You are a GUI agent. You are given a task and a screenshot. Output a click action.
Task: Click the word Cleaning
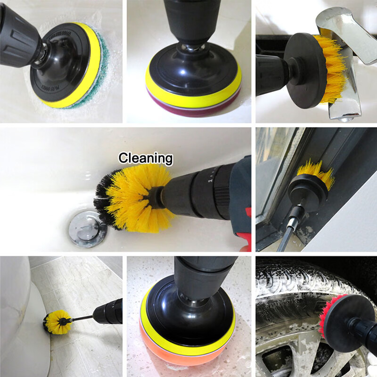coord(145,157)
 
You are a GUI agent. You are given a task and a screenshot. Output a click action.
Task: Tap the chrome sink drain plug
coord(87,229)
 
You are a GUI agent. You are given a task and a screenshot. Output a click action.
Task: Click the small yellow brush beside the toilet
coord(57,322)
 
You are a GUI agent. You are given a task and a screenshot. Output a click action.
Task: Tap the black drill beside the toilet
coord(108,311)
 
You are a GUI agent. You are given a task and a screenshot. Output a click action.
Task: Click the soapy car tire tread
coord(292,287)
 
